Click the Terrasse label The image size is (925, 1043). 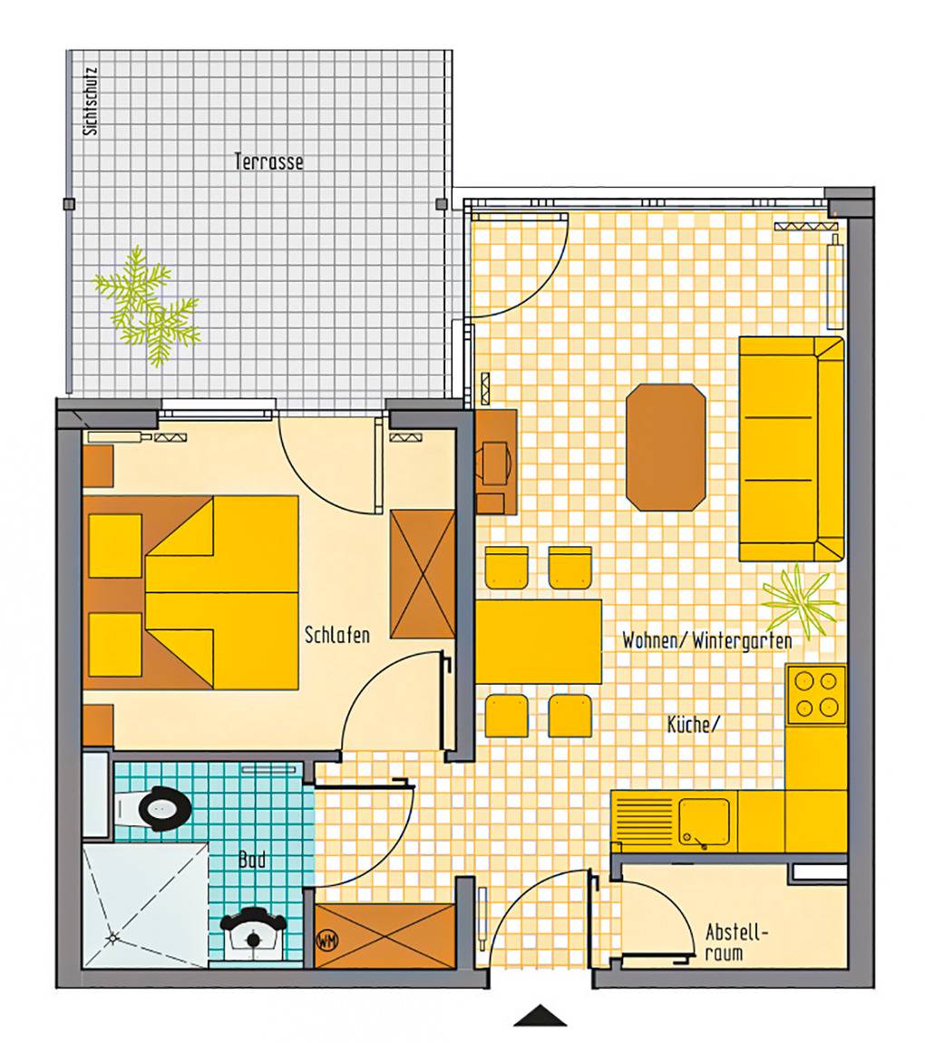[x=268, y=161]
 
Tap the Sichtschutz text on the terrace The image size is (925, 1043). [x=91, y=101]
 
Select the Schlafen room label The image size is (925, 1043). [x=337, y=635]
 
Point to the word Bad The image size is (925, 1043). [x=252, y=860]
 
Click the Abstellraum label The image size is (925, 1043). [x=736, y=942]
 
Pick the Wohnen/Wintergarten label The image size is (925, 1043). [x=706, y=640]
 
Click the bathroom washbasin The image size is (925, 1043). [x=253, y=934]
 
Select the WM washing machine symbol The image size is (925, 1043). [x=326, y=941]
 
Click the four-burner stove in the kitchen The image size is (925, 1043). [x=816, y=694]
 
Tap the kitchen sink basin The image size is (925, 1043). [x=705, y=823]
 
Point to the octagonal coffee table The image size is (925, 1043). [x=666, y=447]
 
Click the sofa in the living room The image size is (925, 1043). [x=792, y=449]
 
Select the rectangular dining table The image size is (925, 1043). [x=539, y=641]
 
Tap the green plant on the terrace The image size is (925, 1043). [x=146, y=307]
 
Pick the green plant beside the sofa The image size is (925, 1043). [x=799, y=600]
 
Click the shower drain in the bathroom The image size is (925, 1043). [x=112, y=938]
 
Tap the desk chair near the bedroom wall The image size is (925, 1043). [x=497, y=462]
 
